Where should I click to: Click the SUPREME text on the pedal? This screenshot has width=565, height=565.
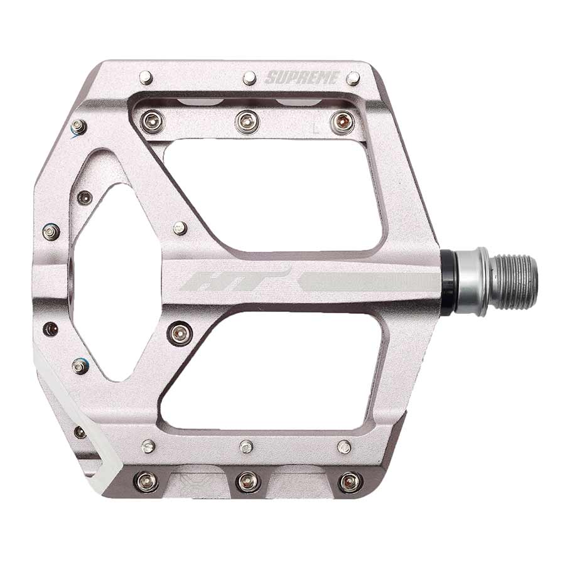(x=302, y=78)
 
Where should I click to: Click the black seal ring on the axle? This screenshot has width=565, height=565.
(x=447, y=281)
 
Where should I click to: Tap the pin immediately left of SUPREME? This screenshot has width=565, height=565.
(x=249, y=78)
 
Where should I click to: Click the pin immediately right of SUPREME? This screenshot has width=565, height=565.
(x=353, y=78)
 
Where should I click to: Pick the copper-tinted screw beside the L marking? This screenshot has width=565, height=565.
(x=342, y=121)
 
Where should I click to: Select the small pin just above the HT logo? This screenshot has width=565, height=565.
(x=180, y=228)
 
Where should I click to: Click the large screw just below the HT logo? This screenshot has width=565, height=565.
(x=180, y=332)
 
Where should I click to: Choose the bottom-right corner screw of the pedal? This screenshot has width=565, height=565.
(x=350, y=482)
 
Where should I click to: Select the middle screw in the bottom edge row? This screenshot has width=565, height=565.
(x=247, y=482)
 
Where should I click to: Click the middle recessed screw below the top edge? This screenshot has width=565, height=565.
(x=247, y=121)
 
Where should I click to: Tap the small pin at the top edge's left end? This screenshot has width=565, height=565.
(x=146, y=77)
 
